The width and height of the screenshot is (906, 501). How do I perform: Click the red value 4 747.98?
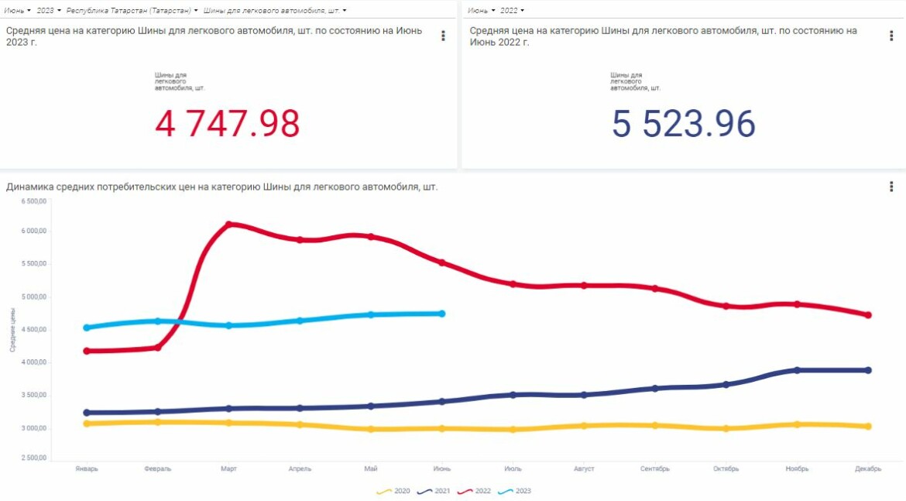227,124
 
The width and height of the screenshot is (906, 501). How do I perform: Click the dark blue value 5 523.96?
683,124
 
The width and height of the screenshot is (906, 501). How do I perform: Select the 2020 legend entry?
394,491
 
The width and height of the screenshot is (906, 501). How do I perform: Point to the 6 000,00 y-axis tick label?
34,231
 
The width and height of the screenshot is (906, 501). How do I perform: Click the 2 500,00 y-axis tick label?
34,458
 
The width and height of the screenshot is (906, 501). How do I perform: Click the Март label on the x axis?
228,468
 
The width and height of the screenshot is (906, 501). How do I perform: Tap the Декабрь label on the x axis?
867,468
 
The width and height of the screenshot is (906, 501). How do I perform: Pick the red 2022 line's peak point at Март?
228,225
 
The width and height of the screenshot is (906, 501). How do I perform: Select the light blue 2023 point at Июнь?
442,314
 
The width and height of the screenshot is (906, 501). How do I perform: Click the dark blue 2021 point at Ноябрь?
797,370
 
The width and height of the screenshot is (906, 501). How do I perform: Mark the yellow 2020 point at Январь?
87,424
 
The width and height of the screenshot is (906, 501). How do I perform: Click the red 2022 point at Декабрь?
868,315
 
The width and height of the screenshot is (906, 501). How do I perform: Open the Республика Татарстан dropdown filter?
132,11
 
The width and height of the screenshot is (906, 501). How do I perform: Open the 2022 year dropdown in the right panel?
512,11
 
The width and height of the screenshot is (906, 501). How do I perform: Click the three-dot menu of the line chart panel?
891,187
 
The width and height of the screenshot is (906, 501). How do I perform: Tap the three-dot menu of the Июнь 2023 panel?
443,36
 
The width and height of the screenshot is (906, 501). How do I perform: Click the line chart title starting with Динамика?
221,187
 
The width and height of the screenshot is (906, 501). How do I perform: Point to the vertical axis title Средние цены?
12,330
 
